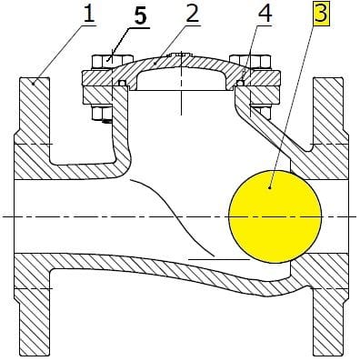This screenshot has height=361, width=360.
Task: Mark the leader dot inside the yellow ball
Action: coord(271,186)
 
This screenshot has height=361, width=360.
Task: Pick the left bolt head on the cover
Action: coord(103,62)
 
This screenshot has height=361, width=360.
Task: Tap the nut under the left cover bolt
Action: coord(102,115)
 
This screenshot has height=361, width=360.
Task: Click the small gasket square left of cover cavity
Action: coord(121,85)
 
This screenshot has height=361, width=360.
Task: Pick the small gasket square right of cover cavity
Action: coord(240,85)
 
